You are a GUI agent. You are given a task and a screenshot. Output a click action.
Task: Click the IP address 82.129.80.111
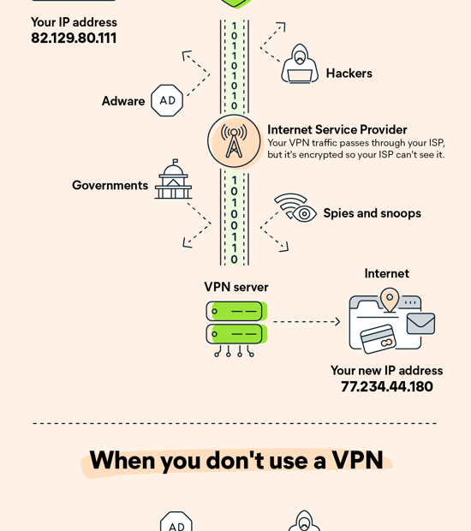(x=74, y=39)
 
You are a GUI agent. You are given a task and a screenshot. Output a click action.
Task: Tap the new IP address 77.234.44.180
(x=387, y=387)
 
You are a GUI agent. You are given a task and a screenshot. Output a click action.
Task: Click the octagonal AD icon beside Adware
(x=167, y=100)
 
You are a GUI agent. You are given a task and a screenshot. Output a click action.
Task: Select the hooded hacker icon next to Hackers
(x=299, y=64)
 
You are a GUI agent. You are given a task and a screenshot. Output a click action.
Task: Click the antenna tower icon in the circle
(x=234, y=140)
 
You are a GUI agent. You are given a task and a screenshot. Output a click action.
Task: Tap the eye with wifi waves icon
(x=295, y=208)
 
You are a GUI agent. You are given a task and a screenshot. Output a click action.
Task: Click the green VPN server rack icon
(x=235, y=323)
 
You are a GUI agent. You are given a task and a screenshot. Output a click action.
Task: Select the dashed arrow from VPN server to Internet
(x=306, y=322)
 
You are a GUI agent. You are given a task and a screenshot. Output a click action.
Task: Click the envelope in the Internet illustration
(x=420, y=323)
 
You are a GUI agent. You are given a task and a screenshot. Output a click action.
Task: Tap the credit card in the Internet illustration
(x=377, y=338)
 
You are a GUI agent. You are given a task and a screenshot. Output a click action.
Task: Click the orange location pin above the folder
(x=390, y=299)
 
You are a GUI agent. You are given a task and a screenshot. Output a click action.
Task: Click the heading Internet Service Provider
(x=337, y=130)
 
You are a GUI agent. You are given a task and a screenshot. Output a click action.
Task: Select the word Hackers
(x=349, y=74)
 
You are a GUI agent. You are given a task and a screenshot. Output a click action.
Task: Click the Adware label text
(x=123, y=101)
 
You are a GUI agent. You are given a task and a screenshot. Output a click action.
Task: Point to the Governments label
(x=110, y=185)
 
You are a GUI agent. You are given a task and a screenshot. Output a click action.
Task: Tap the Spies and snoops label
(x=372, y=213)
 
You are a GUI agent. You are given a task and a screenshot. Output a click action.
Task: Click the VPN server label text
(x=235, y=287)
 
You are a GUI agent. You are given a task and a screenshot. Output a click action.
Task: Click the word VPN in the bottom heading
(x=357, y=461)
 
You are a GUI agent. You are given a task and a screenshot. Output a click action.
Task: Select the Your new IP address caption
(x=386, y=370)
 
